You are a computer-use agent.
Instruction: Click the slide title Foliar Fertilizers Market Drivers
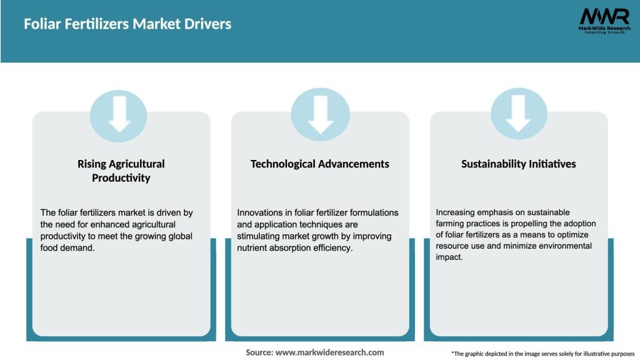[x=127, y=24]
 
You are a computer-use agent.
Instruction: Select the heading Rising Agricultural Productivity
[x=121, y=171]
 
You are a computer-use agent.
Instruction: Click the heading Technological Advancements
[x=319, y=164]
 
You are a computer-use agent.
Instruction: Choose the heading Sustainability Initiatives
[x=518, y=164]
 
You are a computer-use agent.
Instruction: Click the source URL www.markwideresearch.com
[x=329, y=352]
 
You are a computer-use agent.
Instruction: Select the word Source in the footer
[x=259, y=352]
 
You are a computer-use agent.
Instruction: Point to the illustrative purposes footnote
[x=542, y=354]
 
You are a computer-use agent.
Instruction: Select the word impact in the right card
[x=449, y=257]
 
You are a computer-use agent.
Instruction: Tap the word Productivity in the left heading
[x=121, y=178]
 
